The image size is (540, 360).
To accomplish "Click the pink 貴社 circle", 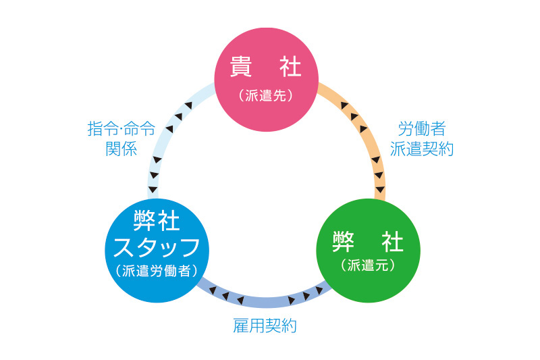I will click(x=267, y=81).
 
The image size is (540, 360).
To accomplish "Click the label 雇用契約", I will click(x=265, y=327).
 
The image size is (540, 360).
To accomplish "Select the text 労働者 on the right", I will click(x=421, y=129).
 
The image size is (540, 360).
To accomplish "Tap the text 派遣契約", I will click(x=421, y=149).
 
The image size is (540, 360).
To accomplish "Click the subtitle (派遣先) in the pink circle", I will click(x=266, y=96).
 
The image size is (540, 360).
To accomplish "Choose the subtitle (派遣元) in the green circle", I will click(x=368, y=265).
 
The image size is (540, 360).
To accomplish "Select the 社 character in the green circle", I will click(x=391, y=241).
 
